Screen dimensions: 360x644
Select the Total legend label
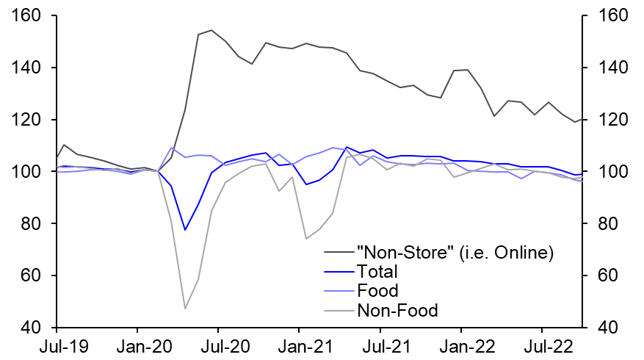[377, 272]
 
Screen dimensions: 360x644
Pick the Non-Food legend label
[397, 310]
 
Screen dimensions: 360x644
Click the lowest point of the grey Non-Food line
[184, 309]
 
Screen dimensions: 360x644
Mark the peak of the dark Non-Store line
[211, 30]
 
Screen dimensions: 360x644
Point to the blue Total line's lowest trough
[185, 230]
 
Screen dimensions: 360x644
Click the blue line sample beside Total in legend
[338, 272]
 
